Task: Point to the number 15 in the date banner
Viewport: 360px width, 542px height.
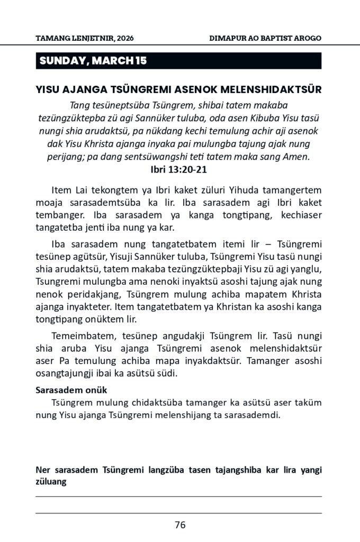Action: (x=140, y=61)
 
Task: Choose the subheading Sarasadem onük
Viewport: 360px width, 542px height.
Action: (x=71, y=391)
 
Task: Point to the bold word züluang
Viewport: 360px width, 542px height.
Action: (x=51, y=482)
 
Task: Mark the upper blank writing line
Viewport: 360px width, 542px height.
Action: (x=179, y=496)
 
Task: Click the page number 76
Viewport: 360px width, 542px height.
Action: (x=179, y=525)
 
